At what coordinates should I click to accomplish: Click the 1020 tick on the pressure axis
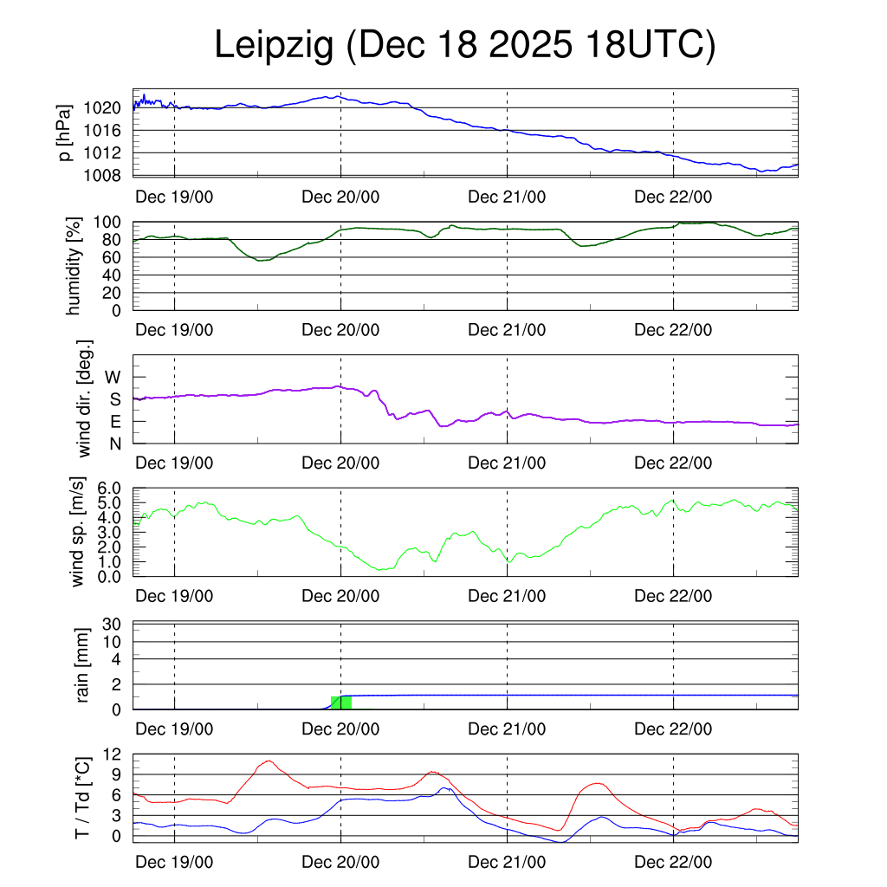(108, 108)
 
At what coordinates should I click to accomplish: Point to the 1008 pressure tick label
(108, 175)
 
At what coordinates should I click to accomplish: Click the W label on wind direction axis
(113, 377)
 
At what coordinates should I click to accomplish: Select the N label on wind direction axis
(114, 443)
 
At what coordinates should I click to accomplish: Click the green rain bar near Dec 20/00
(341, 702)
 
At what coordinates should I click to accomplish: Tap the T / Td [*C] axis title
(83, 797)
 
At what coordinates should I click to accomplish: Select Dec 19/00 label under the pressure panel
(174, 197)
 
